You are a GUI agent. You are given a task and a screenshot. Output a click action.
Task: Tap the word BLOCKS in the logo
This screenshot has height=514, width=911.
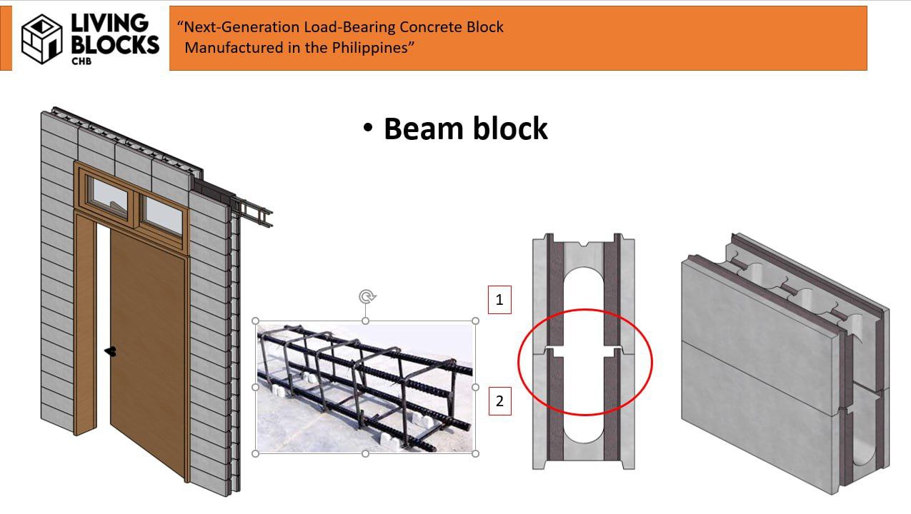click(115, 45)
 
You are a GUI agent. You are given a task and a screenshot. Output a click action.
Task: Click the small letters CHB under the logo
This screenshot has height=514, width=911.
click(81, 61)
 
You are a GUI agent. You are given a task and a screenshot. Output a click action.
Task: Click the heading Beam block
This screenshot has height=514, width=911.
click(465, 128)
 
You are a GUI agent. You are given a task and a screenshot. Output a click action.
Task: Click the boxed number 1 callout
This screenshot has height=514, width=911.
click(499, 300)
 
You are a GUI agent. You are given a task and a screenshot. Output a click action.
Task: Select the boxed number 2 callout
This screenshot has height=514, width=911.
click(499, 401)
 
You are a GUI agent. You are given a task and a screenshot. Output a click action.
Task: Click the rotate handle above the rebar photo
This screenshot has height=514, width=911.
click(366, 296)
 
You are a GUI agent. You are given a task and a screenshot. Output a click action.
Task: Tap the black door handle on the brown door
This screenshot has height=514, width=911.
click(111, 351)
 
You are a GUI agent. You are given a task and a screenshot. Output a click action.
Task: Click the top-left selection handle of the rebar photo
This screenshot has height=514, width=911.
click(257, 321)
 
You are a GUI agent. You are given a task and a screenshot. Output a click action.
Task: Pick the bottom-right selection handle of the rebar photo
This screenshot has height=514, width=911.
click(476, 453)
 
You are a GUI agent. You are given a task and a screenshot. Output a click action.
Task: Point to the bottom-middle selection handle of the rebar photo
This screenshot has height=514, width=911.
click(366, 453)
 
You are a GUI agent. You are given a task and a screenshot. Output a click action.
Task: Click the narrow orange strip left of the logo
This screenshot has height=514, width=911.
click(6, 39)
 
